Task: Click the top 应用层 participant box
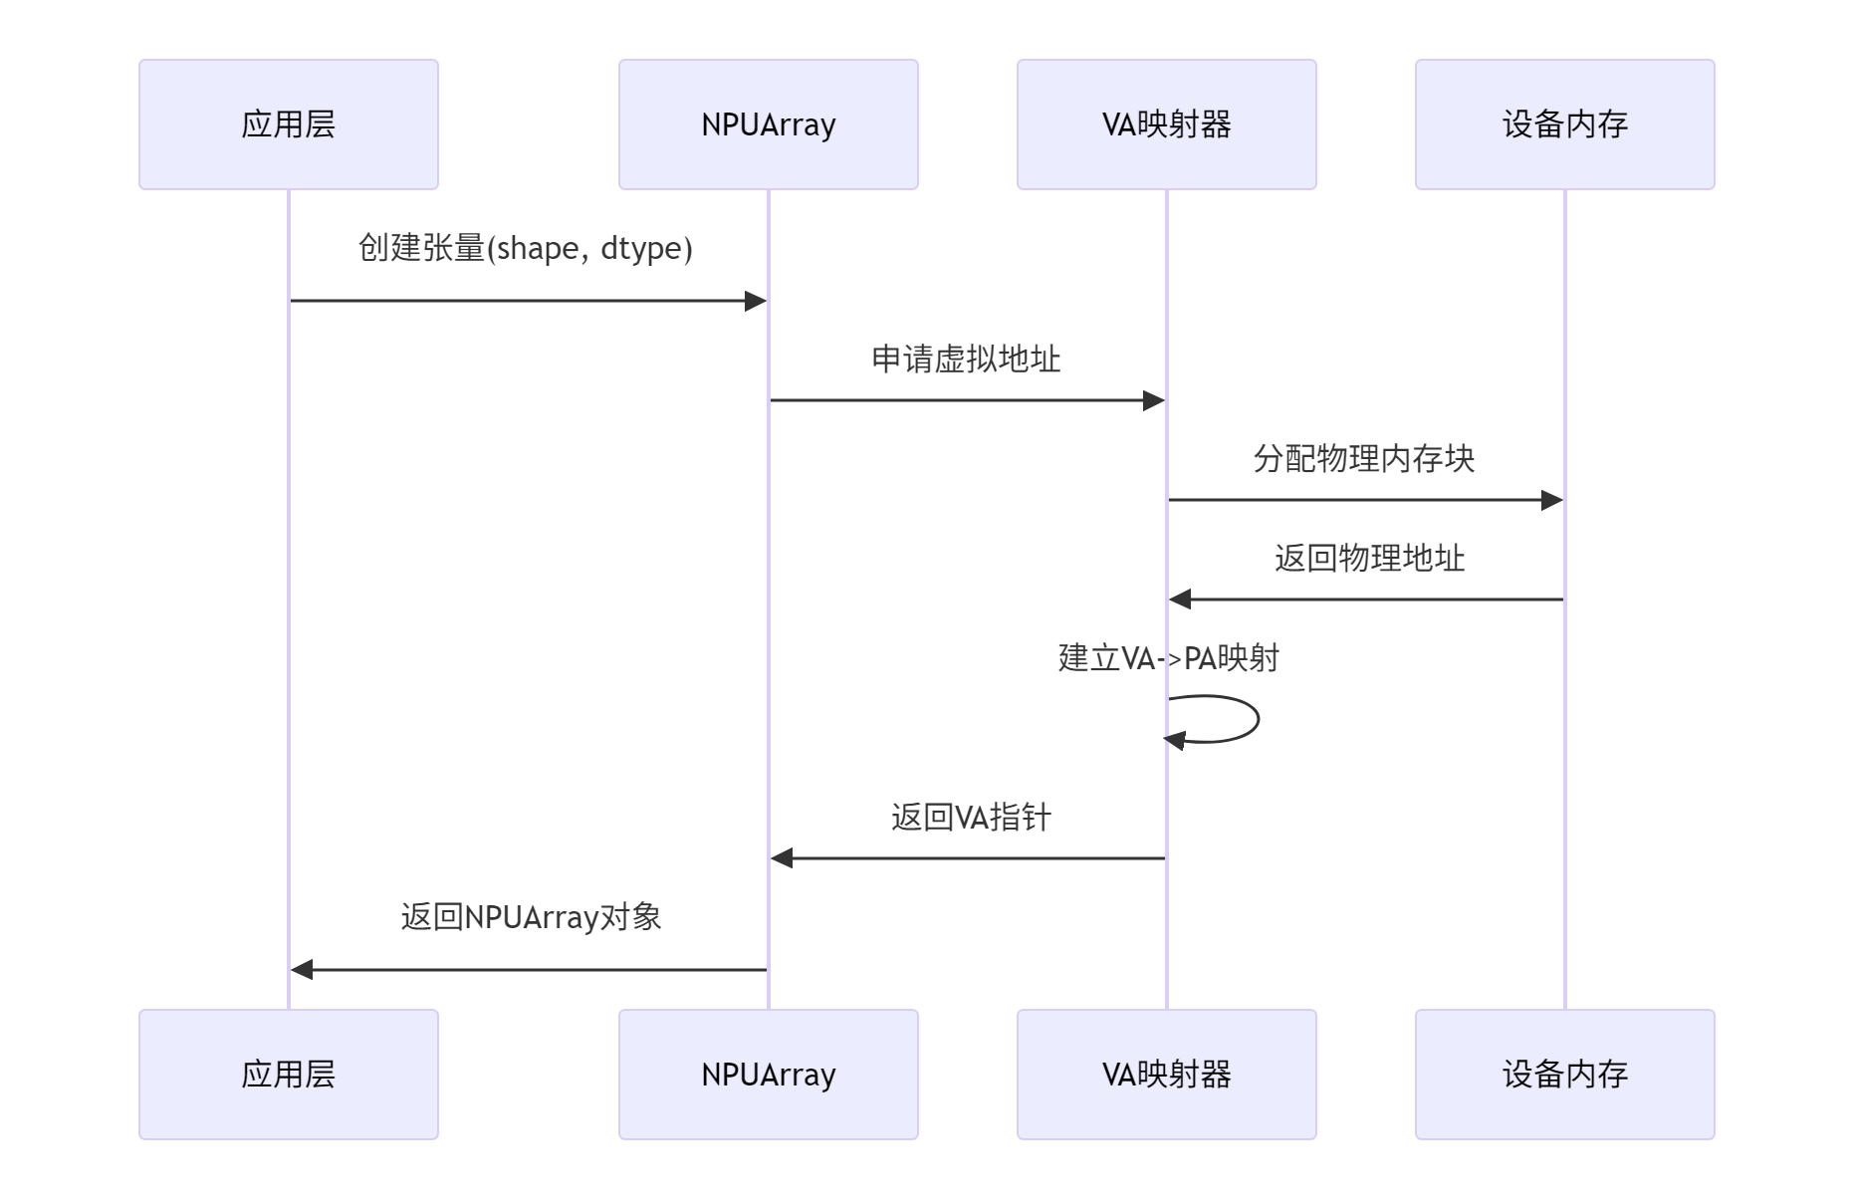pyautogui.click(x=289, y=124)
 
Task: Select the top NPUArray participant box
pyautogui.click(x=768, y=124)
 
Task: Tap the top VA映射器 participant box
pyautogui.click(x=1166, y=124)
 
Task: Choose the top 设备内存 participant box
pyautogui.click(x=1564, y=124)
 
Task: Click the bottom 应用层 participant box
pyautogui.click(x=289, y=1074)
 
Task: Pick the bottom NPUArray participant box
pyautogui.click(x=768, y=1074)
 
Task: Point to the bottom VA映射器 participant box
pyautogui.click(x=1166, y=1074)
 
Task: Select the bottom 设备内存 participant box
pyautogui.click(x=1564, y=1074)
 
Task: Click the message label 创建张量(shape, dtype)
pyautogui.click(x=525, y=248)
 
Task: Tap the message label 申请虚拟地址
pyautogui.click(x=966, y=359)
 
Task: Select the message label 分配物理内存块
pyautogui.click(x=1363, y=458)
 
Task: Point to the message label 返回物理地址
pyautogui.click(x=1369, y=558)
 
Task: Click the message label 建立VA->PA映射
pyautogui.click(x=1168, y=657)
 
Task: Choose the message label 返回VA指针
pyautogui.click(x=971, y=817)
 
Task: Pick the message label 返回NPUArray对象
pyautogui.click(x=531, y=916)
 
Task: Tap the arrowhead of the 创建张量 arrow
pyautogui.click(x=756, y=301)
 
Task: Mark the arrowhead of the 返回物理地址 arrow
pyautogui.click(x=1180, y=600)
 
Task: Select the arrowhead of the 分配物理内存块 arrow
pyautogui.click(x=1552, y=500)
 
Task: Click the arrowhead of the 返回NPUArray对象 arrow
pyautogui.click(x=302, y=970)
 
